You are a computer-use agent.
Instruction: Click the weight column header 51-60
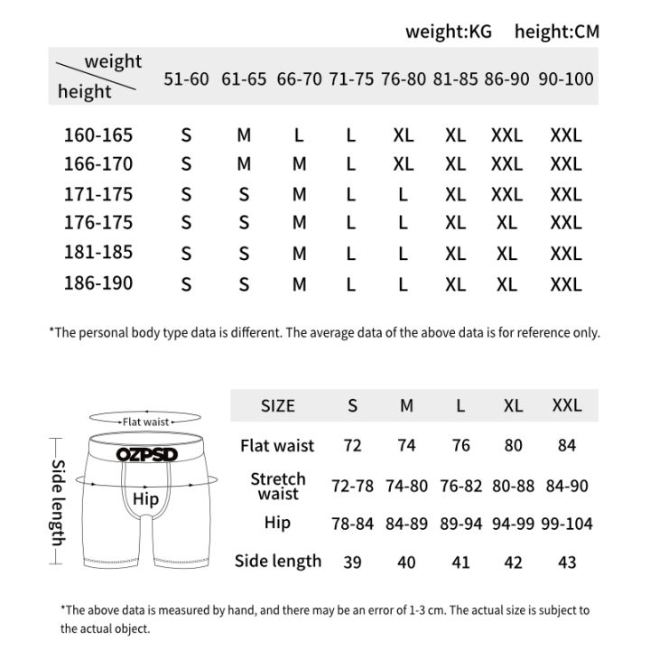(186, 79)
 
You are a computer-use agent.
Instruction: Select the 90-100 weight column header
(566, 79)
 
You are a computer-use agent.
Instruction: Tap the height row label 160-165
(98, 135)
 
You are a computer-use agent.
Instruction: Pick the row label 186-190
(98, 283)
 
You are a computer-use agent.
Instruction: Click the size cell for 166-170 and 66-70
(300, 165)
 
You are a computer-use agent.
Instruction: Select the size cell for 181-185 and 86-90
(506, 255)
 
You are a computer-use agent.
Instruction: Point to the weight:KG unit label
(449, 32)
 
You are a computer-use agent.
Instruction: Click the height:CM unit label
(557, 32)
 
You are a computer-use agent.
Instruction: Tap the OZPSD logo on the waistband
(146, 454)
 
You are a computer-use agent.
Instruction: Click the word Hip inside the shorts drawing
(145, 499)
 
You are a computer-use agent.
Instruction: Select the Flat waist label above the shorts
(146, 422)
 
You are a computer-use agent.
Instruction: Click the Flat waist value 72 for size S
(353, 446)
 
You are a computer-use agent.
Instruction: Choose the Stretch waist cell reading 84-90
(567, 486)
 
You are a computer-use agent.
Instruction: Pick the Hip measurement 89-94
(460, 524)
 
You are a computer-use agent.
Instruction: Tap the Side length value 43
(567, 562)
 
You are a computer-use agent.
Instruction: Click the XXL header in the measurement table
(567, 406)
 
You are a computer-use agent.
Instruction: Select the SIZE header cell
(278, 406)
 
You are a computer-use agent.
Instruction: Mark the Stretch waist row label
(278, 486)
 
